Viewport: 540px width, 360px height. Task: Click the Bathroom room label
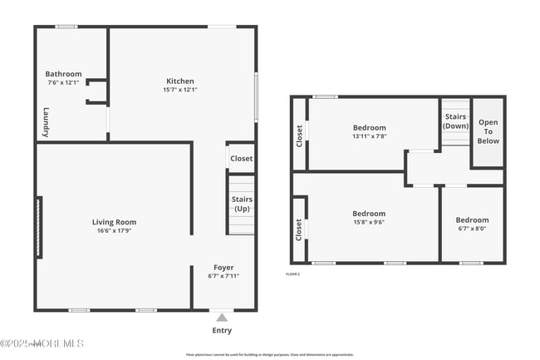(63, 73)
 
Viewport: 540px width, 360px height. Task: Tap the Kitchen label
(179, 81)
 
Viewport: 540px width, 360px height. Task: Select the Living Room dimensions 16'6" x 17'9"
(114, 231)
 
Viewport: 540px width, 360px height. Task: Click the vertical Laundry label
(47, 123)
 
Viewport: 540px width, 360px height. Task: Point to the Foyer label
(223, 268)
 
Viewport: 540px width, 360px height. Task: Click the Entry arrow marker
(222, 317)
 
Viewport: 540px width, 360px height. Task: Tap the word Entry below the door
(222, 330)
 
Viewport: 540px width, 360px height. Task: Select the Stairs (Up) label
(242, 204)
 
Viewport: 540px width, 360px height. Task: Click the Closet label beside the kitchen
(241, 158)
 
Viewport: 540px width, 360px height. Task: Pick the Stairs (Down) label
(455, 121)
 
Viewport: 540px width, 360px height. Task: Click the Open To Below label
(488, 131)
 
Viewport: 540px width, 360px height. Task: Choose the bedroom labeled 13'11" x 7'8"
(369, 131)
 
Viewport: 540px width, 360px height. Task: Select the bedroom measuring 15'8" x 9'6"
(368, 218)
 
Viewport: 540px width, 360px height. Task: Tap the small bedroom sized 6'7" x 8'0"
(472, 224)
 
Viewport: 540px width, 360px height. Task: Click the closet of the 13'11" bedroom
(299, 136)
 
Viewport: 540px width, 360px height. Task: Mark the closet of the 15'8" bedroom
(299, 230)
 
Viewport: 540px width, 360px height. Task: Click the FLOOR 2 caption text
(292, 274)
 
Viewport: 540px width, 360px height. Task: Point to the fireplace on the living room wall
(37, 227)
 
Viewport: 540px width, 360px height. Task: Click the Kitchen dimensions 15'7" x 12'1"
(179, 90)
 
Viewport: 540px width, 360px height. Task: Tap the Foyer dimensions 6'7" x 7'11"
(223, 276)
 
